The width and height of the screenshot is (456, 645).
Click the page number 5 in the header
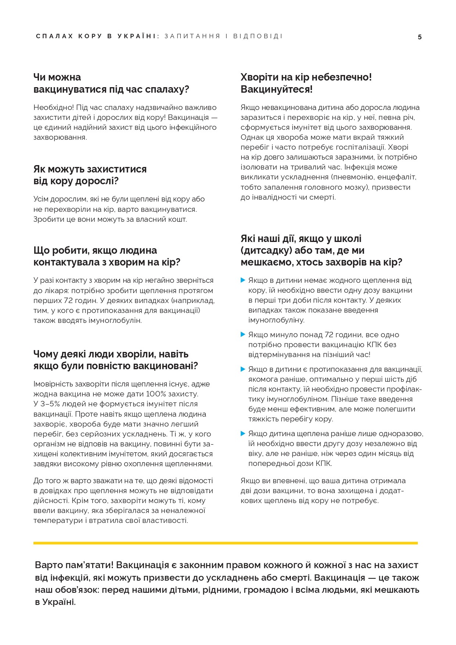coord(420,37)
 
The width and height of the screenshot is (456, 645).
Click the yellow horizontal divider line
coord(225,543)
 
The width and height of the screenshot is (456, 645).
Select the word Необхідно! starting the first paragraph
coord(54,107)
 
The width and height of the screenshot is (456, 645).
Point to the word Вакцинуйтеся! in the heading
coord(276,89)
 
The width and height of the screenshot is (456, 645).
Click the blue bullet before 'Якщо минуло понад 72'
coord(243,335)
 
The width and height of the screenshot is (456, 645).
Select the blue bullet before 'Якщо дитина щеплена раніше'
coord(243,434)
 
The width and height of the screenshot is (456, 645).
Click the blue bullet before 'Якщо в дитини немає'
coord(243,280)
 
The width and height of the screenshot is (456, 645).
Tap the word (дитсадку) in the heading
coord(265,250)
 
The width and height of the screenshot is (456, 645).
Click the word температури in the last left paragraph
coord(58,521)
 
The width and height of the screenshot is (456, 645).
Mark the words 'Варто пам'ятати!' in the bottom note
coord(74,565)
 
